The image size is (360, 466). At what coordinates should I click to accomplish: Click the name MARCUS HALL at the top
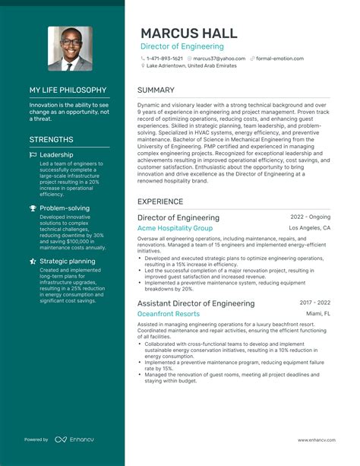188,33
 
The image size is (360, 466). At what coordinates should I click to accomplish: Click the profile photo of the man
70,49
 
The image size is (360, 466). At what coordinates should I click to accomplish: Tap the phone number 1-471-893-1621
164,59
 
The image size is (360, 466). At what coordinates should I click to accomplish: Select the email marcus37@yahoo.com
219,59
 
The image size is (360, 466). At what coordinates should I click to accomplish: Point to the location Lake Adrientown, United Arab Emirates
191,66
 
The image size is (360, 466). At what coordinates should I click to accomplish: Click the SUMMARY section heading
156,90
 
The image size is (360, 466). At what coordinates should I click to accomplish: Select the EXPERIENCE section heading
160,201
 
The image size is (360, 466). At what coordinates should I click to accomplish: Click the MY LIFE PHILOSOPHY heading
68,90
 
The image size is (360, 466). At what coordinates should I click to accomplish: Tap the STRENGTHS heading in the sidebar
52,140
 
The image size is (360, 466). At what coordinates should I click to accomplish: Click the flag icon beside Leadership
33,155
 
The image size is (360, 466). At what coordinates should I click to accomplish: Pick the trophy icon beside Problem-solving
33,208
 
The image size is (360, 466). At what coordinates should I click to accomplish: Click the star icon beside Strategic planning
33,261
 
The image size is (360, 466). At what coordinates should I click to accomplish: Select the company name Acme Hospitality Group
175,228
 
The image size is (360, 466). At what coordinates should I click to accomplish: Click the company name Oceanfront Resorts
169,313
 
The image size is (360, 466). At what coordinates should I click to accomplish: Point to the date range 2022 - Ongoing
310,217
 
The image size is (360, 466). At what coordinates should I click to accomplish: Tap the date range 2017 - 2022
314,302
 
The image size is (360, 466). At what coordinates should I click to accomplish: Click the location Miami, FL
318,313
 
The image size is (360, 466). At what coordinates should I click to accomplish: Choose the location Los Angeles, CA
310,228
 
